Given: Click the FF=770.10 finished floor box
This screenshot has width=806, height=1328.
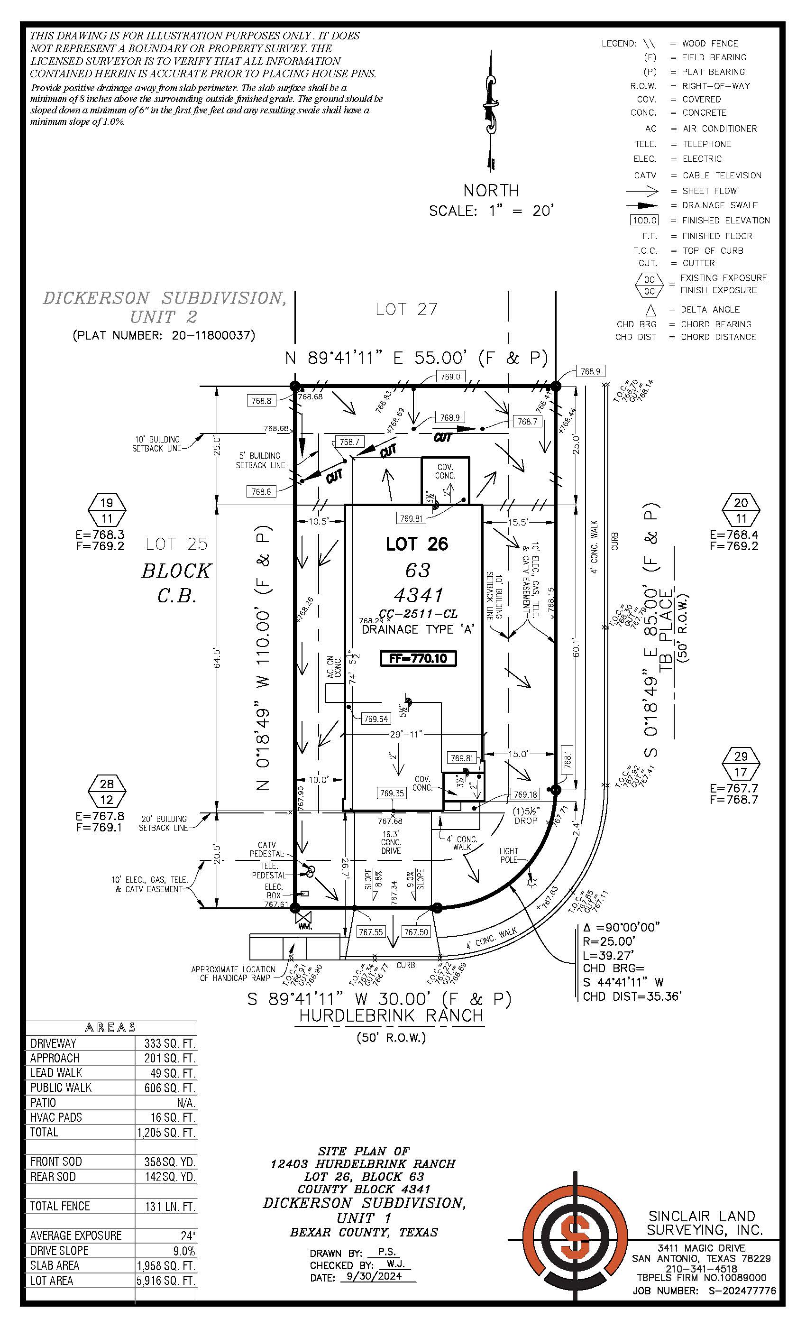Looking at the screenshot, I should click(418, 658).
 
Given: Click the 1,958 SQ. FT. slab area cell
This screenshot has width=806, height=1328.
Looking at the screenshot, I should click(166, 1276).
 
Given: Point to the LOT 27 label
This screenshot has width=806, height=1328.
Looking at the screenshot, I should click(406, 309).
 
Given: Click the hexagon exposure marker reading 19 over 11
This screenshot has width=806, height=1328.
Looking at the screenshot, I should click(107, 510).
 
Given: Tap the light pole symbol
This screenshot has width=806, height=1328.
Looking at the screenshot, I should click(533, 882).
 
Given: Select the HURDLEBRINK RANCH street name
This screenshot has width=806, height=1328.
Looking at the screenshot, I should click(391, 1015).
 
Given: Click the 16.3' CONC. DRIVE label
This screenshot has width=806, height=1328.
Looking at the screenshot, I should click(391, 842).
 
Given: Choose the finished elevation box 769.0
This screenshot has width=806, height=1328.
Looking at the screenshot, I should click(450, 376).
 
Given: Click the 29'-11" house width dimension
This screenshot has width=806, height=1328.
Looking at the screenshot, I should click(406, 734).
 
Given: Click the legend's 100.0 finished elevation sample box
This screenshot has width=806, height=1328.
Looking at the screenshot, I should click(644, 221).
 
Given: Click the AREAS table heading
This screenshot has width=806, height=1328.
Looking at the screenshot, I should click(110, 1028).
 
